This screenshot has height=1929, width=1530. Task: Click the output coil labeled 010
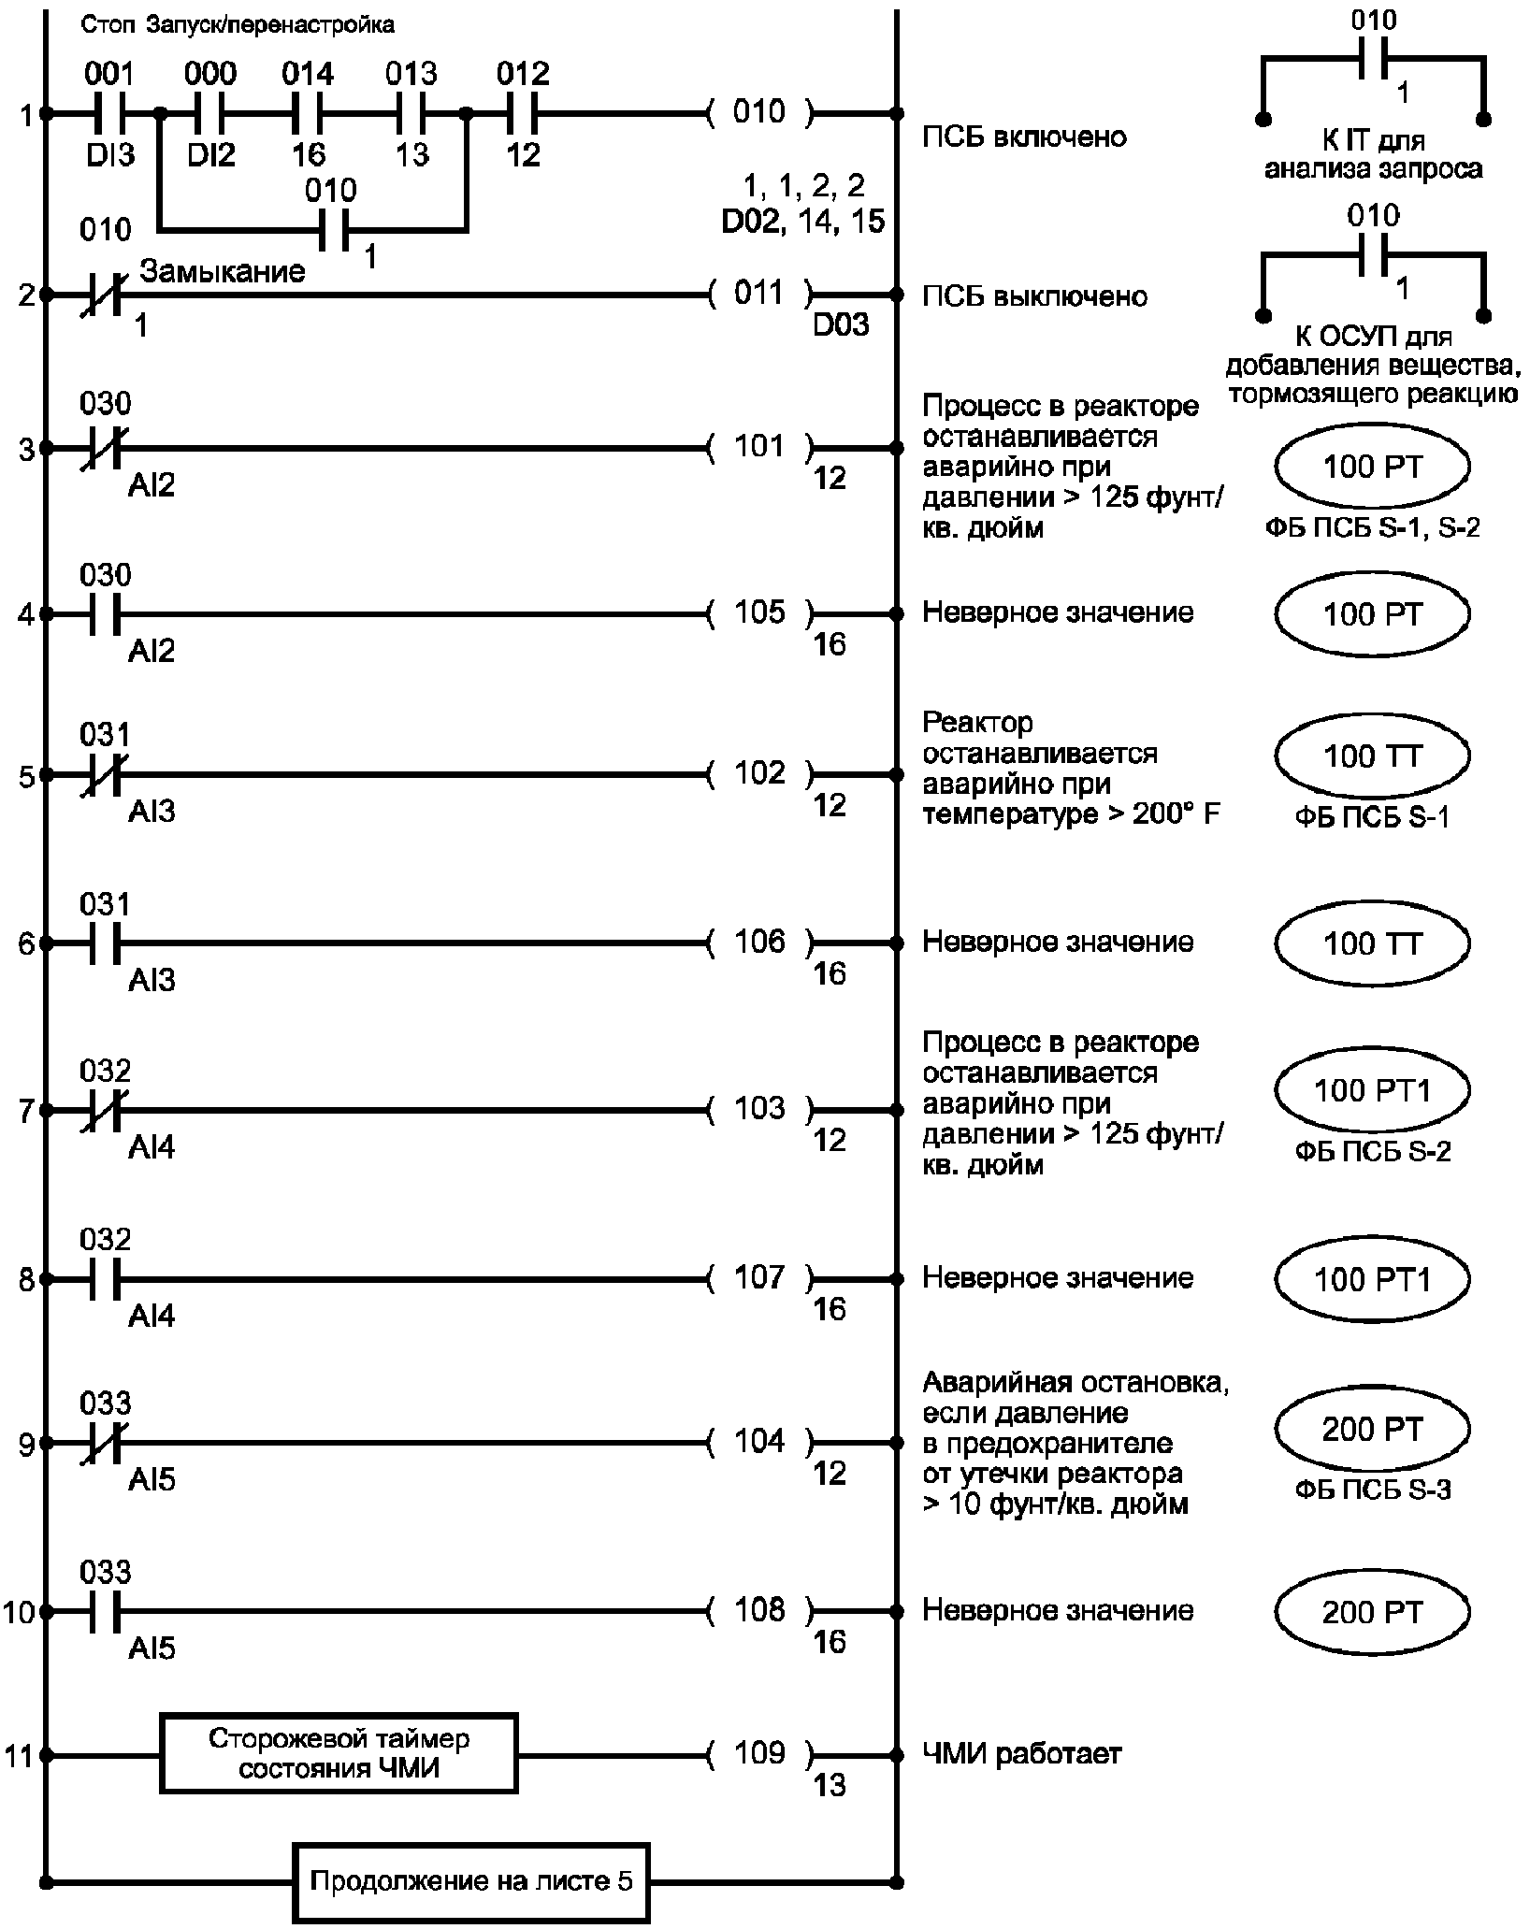click(x=759, y=113)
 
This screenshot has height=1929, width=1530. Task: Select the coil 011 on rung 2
click(x=759, y=295)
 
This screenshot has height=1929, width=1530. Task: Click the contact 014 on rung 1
click(x=307, y=114)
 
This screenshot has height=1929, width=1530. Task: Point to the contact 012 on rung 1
click(x=522, y=114)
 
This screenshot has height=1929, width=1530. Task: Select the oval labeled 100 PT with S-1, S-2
click(x=1372, y=467)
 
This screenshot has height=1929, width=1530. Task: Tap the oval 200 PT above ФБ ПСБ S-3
click(x=1372, y=1430)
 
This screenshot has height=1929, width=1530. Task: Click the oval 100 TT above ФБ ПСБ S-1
click(x=1372, y=756)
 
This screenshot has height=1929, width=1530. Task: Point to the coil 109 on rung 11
click(x=759, y=1752)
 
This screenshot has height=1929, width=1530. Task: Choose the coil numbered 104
click(x=759, y=1442)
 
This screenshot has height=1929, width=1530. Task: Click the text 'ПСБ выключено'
click(x=1034, y=296)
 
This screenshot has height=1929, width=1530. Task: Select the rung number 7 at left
click(x=25, y=1112)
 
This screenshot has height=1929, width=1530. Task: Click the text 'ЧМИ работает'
click(x=1021, y=1753)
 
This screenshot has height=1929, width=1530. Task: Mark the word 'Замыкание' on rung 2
click(x=223, y=271)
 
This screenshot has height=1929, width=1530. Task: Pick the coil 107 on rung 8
click(x=759, y=1277)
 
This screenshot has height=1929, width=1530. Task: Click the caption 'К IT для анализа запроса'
click(x=1372, y=155)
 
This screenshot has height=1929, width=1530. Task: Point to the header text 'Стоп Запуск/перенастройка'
click(x=238, y=25)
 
